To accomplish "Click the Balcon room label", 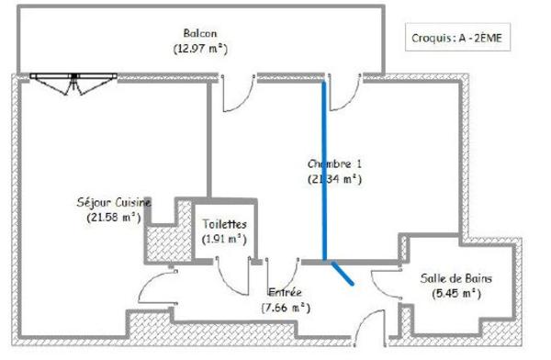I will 199,33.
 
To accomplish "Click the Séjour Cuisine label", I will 114,202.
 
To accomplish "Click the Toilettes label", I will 225,224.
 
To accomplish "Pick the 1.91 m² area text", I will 225,239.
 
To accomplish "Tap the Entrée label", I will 285,291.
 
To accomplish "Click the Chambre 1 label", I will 335,164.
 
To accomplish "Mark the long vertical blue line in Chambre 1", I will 323,170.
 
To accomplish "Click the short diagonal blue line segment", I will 342,273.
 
